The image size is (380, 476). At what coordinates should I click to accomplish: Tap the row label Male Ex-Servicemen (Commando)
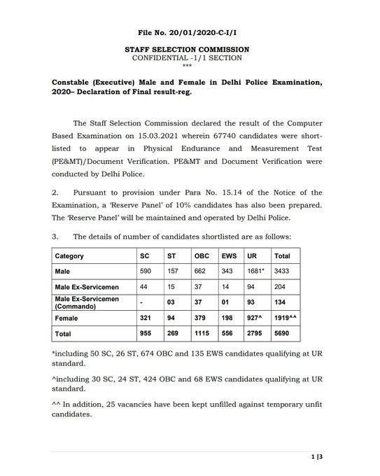click(x=87, y=302)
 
